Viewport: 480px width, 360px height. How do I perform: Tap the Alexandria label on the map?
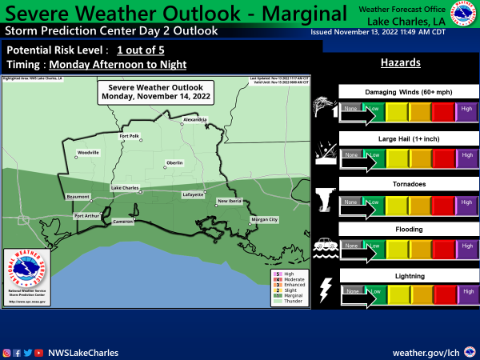tap(195, 118)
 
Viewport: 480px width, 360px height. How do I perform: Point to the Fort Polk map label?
tap(130, 136)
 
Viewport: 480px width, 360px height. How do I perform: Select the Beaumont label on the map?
tap(78, 196)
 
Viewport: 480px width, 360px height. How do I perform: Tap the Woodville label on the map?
tap(88, 151)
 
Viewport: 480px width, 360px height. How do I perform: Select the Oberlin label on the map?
tap(174, 162)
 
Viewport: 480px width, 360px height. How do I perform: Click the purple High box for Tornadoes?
tap(466, 202)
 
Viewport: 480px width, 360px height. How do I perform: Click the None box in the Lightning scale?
tap(350, 292)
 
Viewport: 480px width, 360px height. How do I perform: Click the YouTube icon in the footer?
tap(39, 352)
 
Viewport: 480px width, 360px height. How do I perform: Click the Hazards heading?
tap(401, 62)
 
